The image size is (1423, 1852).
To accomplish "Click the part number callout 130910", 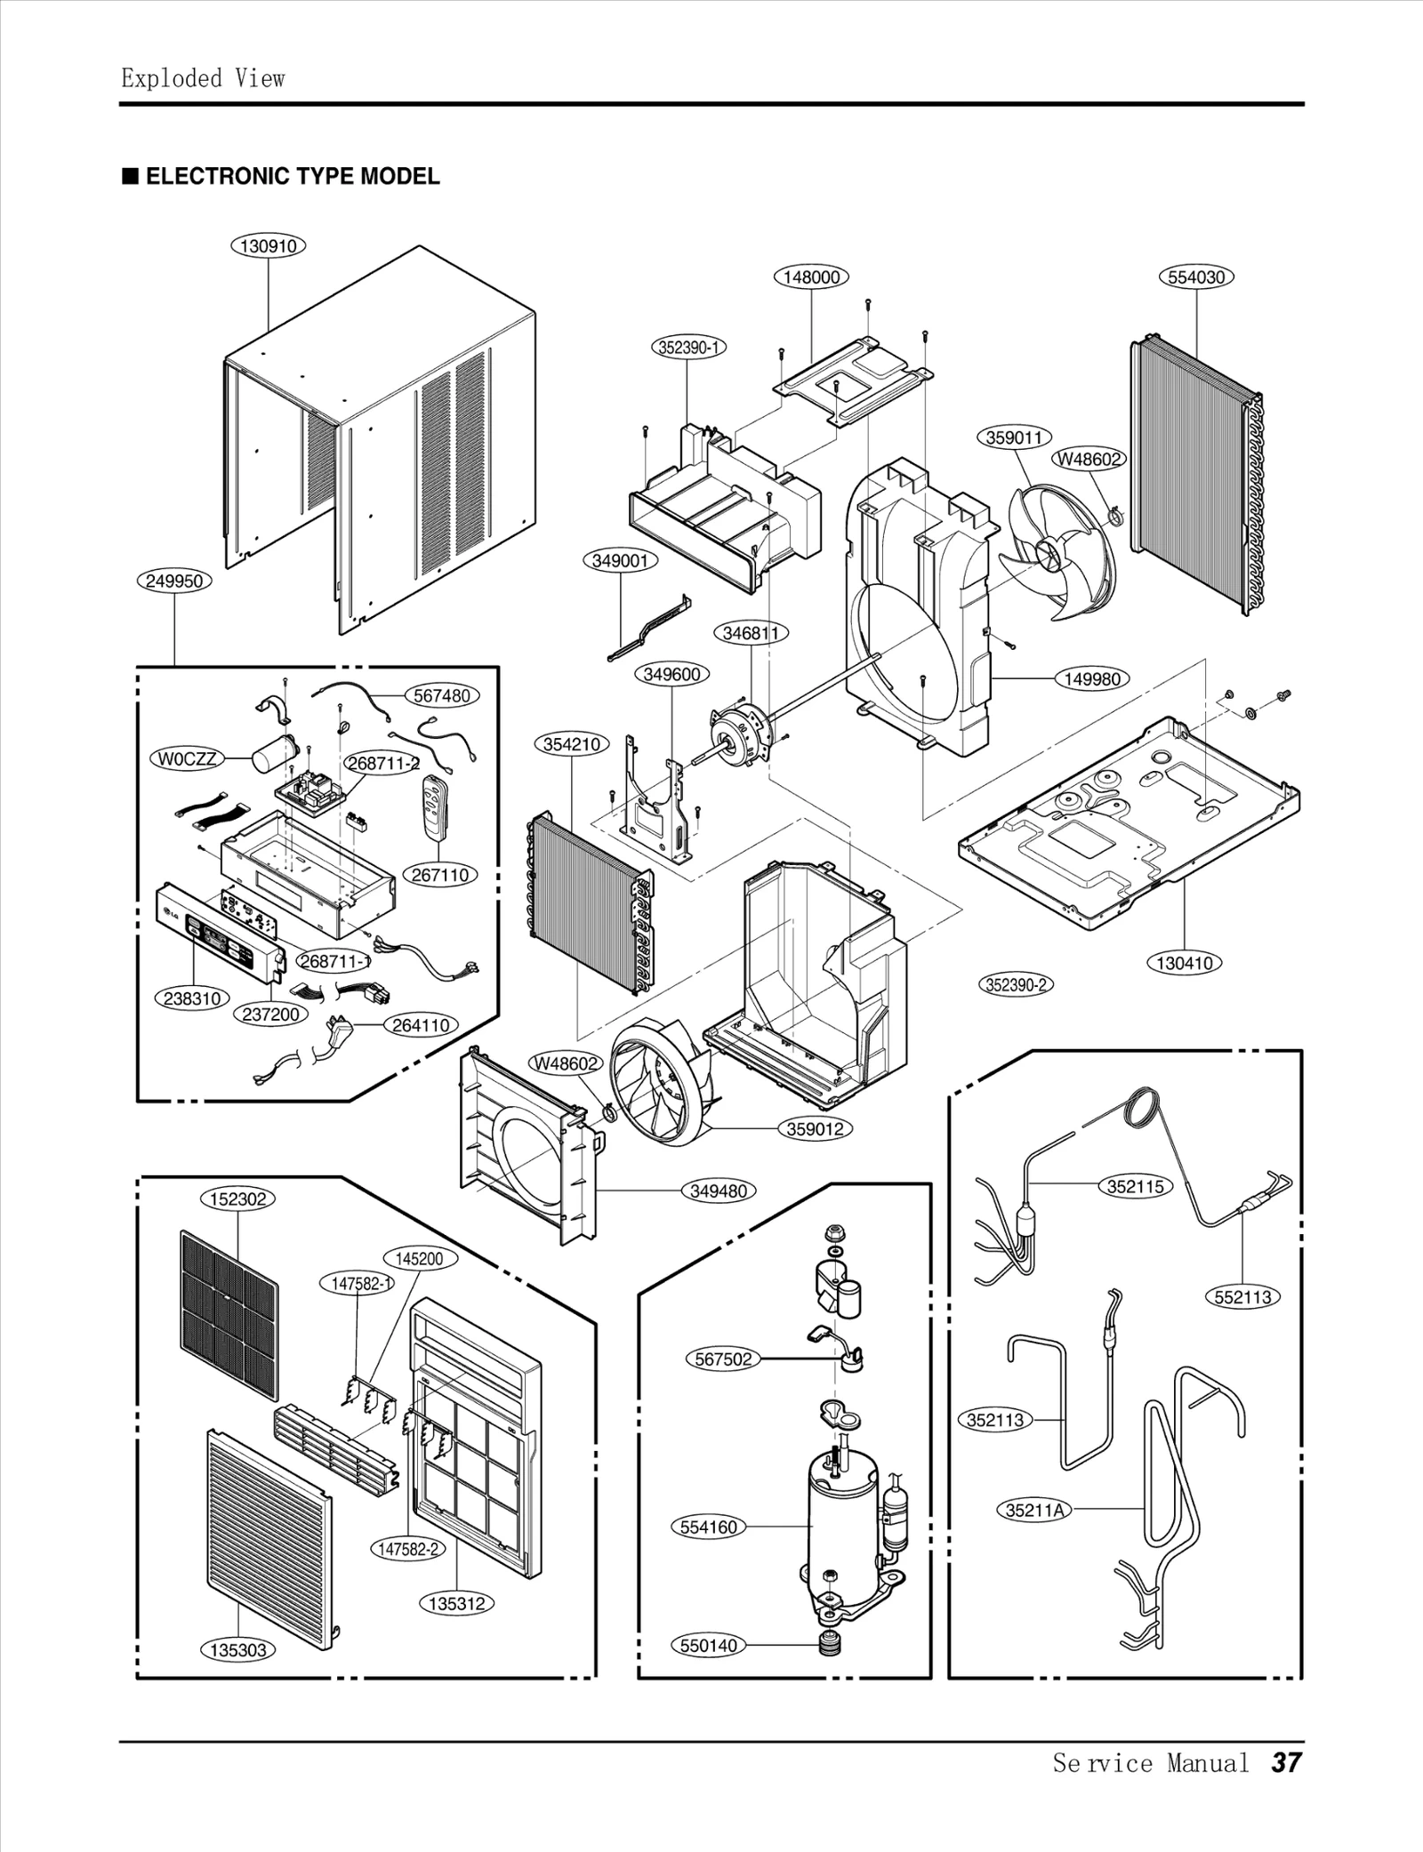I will [x=269, y=246].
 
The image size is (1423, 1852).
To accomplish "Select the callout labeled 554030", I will [x=1196, y=277].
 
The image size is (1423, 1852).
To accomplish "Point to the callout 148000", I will [x=811, y=277].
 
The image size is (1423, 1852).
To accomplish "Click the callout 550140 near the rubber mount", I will [x=709, y=1645].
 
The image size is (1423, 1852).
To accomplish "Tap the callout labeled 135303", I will [x=237, y=1650].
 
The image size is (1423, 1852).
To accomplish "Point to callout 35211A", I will [x=1034, y=1509].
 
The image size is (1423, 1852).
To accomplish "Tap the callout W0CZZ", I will [x=187, y=758].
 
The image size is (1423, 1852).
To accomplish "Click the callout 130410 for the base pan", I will [x=1185, y=962].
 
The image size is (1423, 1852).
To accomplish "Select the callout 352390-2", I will [x=1016, y=984].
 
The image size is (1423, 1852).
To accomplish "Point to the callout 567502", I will [x=723, y=1359].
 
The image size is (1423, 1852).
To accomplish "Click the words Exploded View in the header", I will [x=203, y=78].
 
